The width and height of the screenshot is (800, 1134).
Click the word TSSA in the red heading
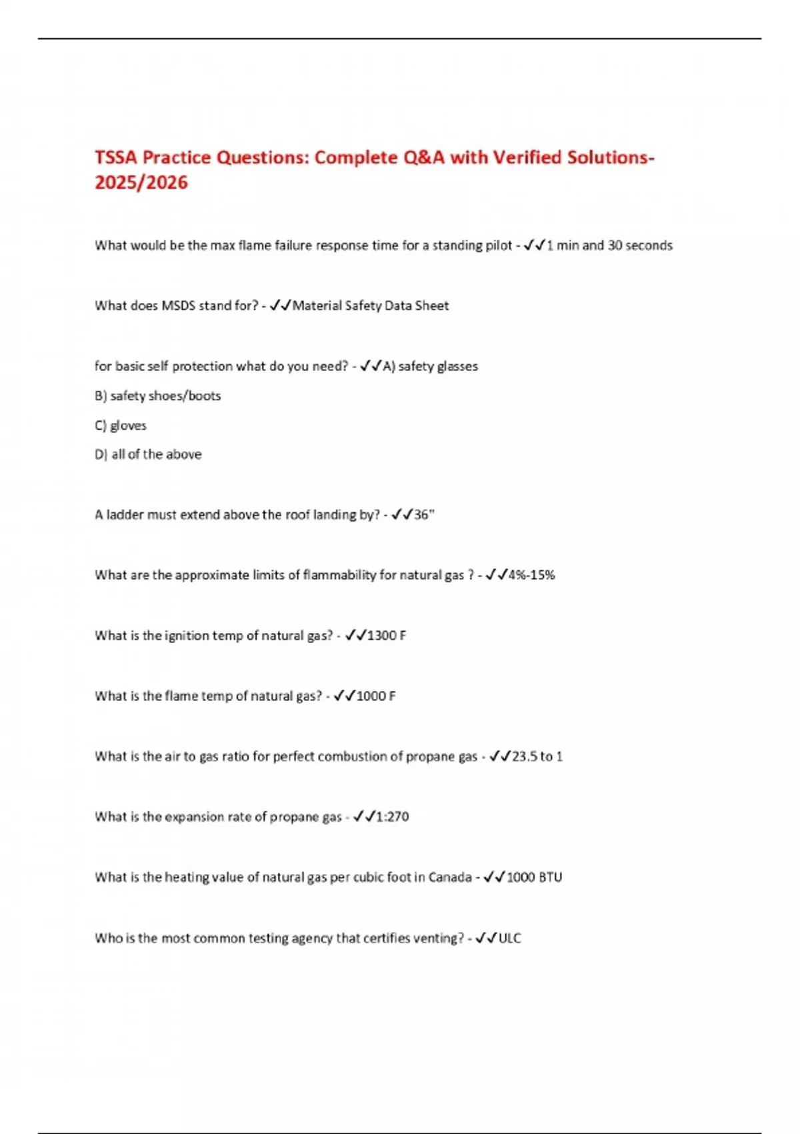pos(116,158)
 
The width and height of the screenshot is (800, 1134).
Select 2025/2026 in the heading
pos(141,183)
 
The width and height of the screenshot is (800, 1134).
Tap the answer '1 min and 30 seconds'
pos(609,245)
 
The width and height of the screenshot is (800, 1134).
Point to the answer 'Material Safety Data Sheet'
pos(371,306)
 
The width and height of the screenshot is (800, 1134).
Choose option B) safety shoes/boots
pos(158,396)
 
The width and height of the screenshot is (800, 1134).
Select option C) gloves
pos(121,425)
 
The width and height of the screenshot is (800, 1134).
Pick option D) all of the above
pos(148,454)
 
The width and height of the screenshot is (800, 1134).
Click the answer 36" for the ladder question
pos(424,514)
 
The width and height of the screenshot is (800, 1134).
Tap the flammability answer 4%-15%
pos(531,575)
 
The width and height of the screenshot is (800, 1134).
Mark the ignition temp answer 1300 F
pos(387,636)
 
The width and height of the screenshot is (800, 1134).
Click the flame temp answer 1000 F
pos(376,696)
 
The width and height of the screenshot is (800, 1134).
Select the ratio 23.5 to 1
pos(537,756)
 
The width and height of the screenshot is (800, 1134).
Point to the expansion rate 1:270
pos(392,816)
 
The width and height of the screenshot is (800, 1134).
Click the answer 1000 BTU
pos(534,877)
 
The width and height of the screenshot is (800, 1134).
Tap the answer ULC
pos(510,938)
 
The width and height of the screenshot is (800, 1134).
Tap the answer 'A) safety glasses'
pos(430,366)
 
